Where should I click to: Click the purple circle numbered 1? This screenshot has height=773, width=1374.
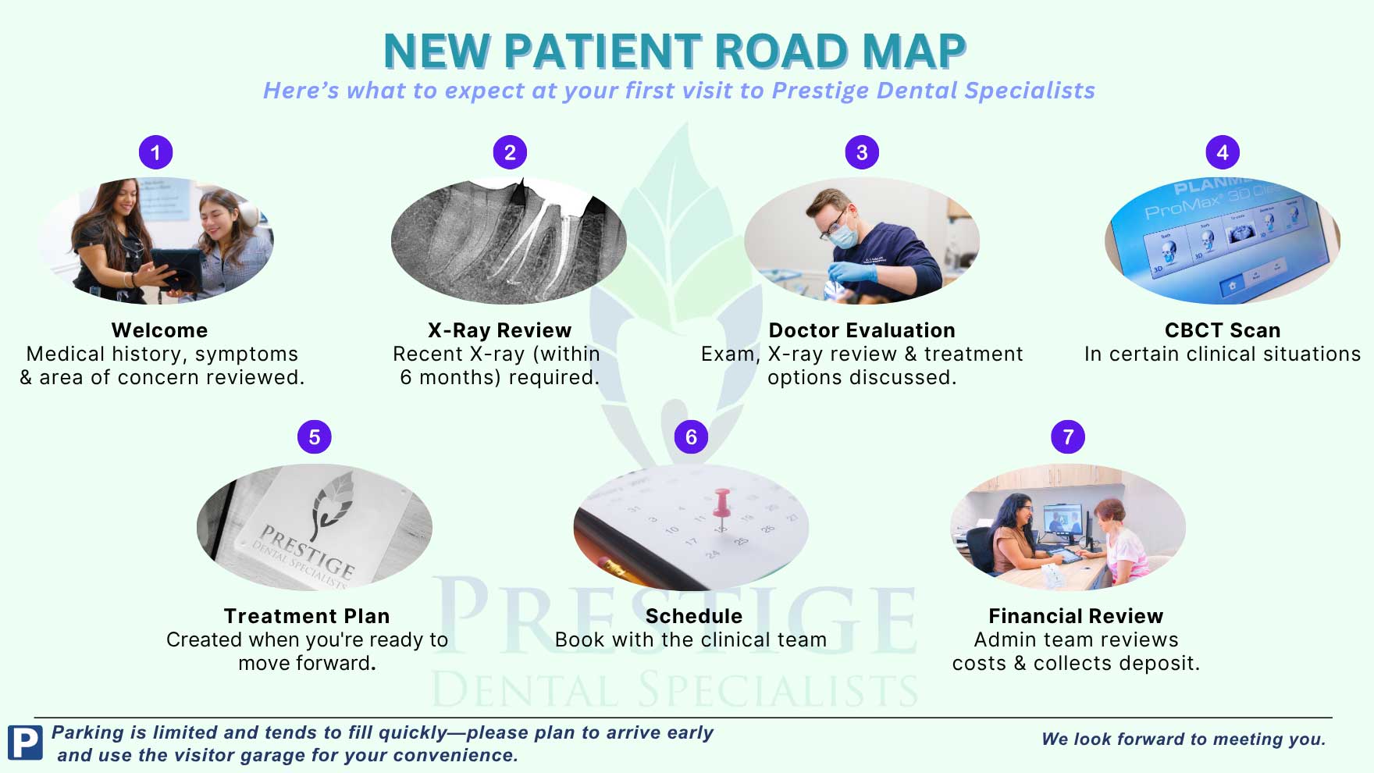click(x=155, y=152)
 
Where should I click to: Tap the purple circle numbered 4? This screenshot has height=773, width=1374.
click(x=1222, y=152)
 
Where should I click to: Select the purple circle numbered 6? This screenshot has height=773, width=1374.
click(x=691, y=436)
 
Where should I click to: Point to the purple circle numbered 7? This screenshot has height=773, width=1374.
click(x=1068, y=436)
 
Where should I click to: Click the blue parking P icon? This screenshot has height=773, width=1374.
click(x=25, y=743)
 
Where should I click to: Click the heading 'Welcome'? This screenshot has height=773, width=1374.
click(x=159, y=330)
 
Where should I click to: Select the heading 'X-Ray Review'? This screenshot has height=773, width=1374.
click(x=500, y=330)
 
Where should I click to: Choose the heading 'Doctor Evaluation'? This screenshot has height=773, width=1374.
click(x=862, y=330)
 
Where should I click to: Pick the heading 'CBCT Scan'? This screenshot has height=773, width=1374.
click(x=1223, y=330)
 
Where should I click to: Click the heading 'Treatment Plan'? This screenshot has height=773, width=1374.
click(x=307, y=616)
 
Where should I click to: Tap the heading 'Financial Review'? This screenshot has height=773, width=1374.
click(x=1076, y=616)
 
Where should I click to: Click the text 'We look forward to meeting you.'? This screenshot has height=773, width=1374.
click(x=1184, y=739)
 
